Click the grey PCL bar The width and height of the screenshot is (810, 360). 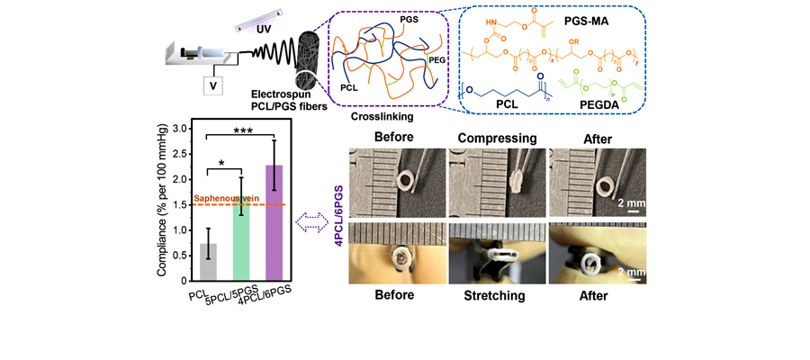click(x=208, y=262)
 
